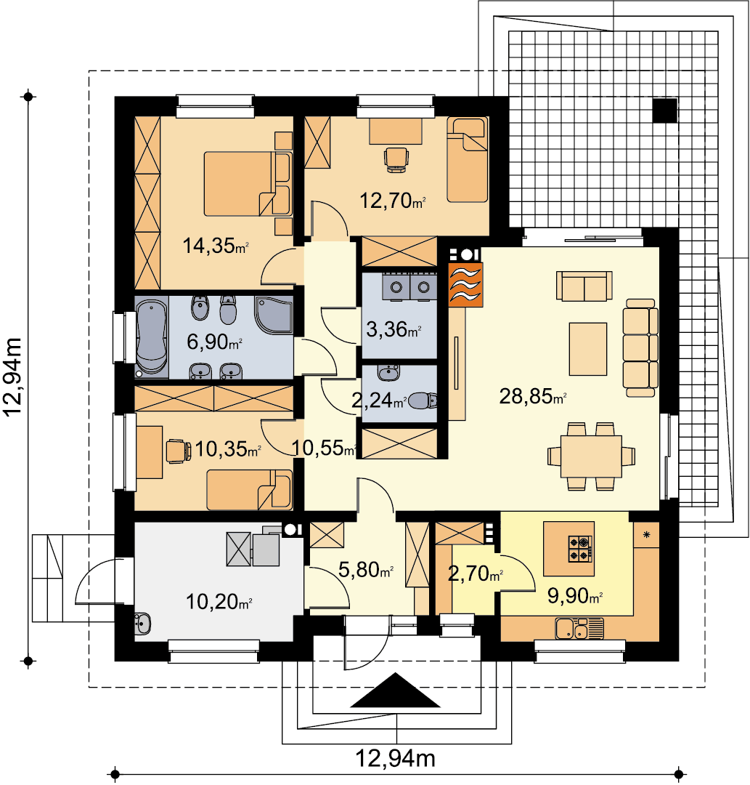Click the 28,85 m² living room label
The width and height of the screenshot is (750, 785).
click(x=532, y=397)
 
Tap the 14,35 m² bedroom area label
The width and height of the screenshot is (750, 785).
click(x=216, y=246)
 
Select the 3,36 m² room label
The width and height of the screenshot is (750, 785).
click(x=394, y=330)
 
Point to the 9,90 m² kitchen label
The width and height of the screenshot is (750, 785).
click(x=574, y=596)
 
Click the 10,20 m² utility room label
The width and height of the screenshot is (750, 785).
click(x=219, y=602)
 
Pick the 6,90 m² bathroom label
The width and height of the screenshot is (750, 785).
click(x=214, y=342)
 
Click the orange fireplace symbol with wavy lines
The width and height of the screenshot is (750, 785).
click(x=465, y=284)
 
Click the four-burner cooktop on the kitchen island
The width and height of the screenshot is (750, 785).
click(x=581, y=548)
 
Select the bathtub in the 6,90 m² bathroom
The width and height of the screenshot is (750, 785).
click(x=152, y=337)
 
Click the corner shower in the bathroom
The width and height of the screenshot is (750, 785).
click(x=274, y=315)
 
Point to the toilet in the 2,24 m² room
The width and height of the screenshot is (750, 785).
click(x=423, y=400)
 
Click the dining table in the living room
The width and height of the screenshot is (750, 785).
click(x=591, y=456)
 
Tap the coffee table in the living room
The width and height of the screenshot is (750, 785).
click(x=588, y=349)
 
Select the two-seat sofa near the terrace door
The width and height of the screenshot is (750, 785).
click(x=584, y=286)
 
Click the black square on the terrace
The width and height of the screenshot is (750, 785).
click(x=665, y=110)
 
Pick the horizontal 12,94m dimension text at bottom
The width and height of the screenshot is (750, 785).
click(x=395, y=758)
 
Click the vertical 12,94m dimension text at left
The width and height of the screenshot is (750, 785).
click(x=13, y=377)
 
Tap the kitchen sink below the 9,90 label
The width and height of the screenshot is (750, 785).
click(x=579, y=629)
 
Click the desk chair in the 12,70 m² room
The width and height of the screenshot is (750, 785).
click(x=396, y=160)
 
